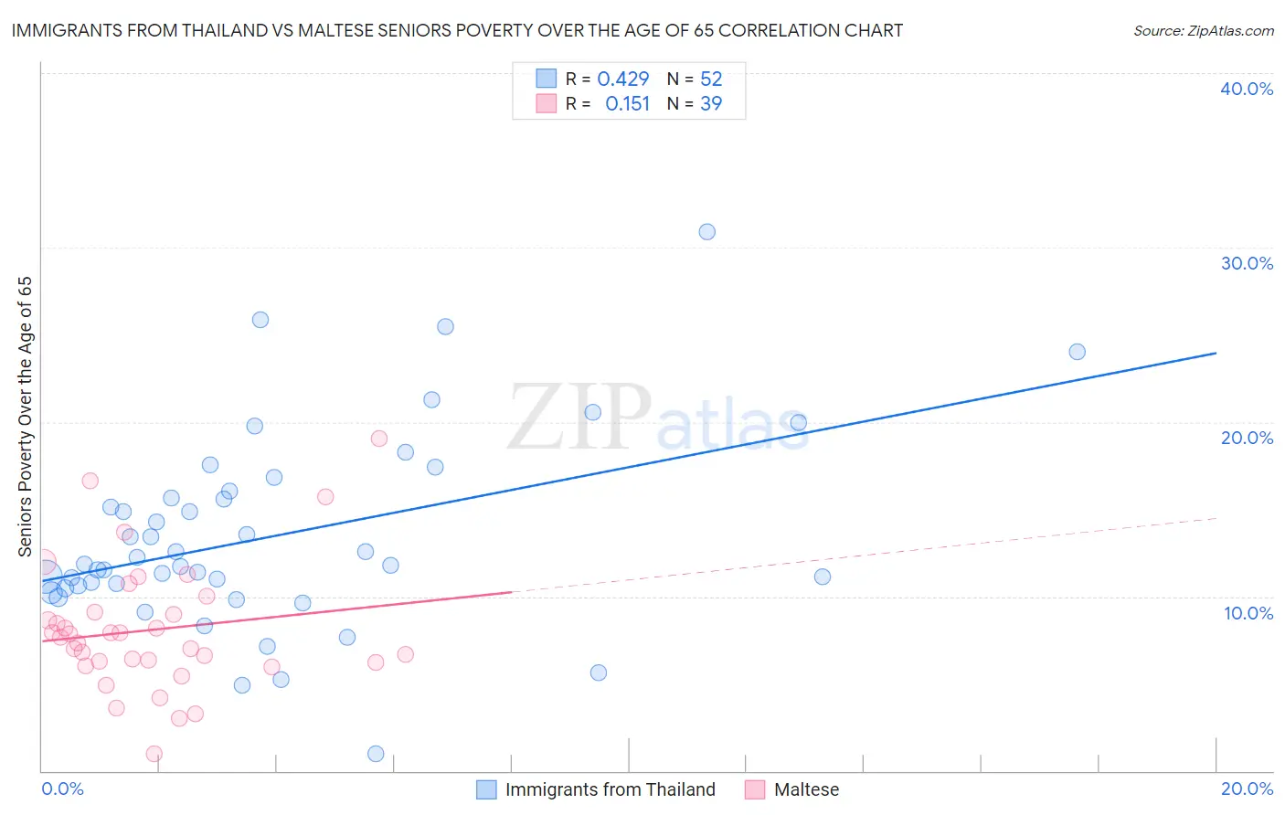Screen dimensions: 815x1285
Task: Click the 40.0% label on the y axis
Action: tap(1246, 89)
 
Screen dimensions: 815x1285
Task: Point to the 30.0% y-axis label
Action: tap(1246, 263)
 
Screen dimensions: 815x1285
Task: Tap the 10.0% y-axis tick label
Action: tap(1248, 612)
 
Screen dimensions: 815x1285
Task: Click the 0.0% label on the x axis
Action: tap(62, 789)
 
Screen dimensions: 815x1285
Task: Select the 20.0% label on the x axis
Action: tap(1247, 789)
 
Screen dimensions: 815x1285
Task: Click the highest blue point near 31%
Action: tap(706, 232)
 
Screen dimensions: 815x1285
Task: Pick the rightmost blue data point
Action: tap(1077, 352)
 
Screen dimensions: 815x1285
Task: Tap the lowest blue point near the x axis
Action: tap(376, 754)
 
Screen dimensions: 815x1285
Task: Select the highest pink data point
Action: tap(379, 439)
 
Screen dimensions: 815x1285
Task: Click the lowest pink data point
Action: tap(154, 754)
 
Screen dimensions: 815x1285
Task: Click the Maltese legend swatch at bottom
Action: tap(754, 789)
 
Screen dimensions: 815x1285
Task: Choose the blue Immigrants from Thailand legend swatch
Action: tap(486, 789)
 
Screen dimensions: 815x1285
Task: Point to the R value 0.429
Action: tap(622, 79)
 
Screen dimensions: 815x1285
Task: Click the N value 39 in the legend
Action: tap(710, 104)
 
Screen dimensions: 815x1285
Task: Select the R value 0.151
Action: tap(627, 104)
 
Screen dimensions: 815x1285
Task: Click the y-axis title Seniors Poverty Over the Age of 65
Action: tap(25, 416)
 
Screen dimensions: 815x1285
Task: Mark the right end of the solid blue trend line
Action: tap(1216, 353)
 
